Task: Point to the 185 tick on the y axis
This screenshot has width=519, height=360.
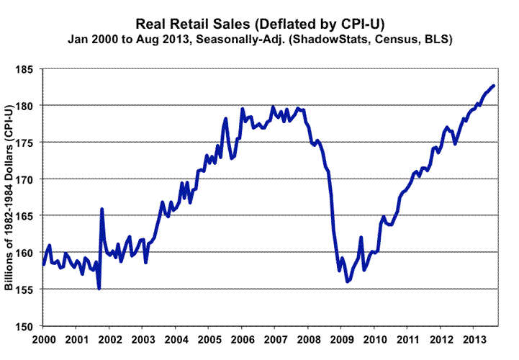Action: (x=29, y=69)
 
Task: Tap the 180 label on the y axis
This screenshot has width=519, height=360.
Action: (x=29, y=106)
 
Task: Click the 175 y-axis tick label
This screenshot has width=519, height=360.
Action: (x=29, y=143)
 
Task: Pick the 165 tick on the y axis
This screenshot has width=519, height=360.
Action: (x=29, y=216)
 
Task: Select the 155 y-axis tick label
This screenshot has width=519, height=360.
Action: (x=29, y=289)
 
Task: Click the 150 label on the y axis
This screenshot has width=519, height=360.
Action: (x=29, y=326)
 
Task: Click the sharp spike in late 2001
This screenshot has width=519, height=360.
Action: (x=101, y=209)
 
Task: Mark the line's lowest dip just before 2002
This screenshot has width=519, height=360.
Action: (x=99, y=289)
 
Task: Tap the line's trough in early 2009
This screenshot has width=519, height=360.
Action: (x=348, y=282)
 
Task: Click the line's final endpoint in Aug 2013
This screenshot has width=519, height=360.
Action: (x=494, y=86)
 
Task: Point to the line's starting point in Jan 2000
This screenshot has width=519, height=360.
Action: (x=44, y=264)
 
